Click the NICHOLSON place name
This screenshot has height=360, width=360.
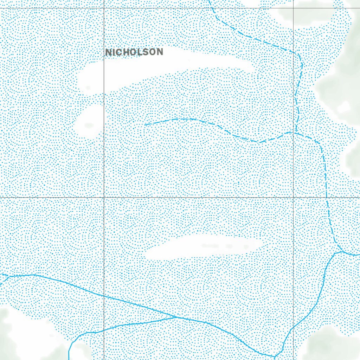[134, 52]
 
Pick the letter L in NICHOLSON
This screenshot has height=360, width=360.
[139, 52]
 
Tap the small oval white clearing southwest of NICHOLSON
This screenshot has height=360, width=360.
[89, 121]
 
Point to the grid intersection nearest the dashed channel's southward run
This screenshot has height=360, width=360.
[294, 197]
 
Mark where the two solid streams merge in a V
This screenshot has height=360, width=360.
[178, 317]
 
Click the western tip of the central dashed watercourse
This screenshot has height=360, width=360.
[145, 125]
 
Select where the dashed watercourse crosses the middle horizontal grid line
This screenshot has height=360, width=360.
[328, 197]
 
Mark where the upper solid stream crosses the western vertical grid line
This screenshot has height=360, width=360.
[104, 296]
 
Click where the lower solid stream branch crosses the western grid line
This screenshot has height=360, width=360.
[104, 330]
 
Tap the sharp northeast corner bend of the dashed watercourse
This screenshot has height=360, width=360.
[299, 54]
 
